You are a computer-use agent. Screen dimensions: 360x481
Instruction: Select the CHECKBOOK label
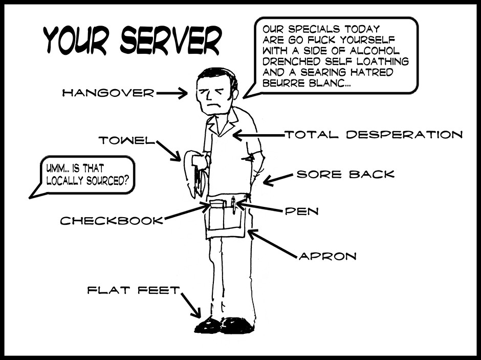(x=112, y=221)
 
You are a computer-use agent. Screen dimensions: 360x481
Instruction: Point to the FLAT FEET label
(x=134, y=290)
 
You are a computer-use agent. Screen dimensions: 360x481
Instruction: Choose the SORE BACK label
(x=346, y=174)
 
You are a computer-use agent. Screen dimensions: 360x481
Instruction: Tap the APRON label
(x=327, y=256)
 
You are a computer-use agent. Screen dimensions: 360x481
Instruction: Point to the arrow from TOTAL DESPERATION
(x=258, y=136)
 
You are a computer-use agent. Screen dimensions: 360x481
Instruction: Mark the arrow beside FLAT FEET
(x=191, y=306)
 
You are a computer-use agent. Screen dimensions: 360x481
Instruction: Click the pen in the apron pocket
(x=233, y=205)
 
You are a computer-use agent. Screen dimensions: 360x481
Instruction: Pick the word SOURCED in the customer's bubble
(x=107, y=180)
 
